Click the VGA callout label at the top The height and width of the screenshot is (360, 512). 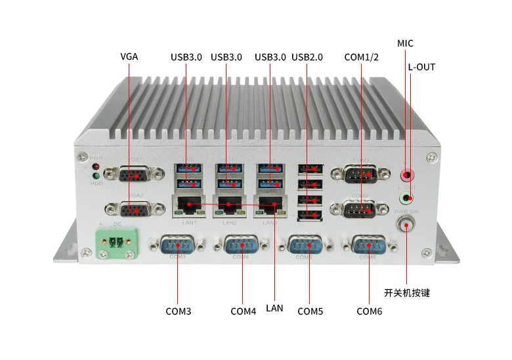pos(129,56)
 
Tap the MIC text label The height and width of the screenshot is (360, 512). pos(406,43)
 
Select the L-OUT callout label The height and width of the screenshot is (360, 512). pos(421,67)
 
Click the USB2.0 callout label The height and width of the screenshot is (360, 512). pos(307,57)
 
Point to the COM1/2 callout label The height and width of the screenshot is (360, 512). pos(362,57)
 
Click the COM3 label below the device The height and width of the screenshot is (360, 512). pos(178,311)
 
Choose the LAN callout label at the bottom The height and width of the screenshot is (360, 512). pos(274,307)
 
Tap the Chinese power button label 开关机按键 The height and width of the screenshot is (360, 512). pos(407,293)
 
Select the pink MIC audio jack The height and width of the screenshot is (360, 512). pos(408,175)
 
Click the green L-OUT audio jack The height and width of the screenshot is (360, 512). pos(408,198)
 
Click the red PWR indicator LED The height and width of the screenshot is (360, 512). pos(96,166)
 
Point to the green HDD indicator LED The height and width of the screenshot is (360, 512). pos(96,175)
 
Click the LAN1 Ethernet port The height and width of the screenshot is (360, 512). pos(188,206)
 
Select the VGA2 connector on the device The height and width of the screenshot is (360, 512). pos(134,210)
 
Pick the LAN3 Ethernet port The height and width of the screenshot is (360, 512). pos(269,206)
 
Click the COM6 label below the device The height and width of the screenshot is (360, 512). pos(369,311)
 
